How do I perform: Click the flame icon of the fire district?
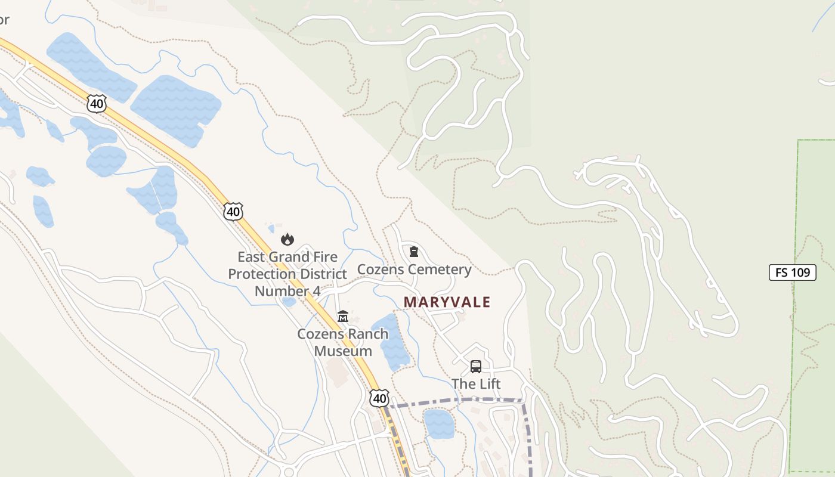287,240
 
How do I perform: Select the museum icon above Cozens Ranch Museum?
343,316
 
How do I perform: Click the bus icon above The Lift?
475,366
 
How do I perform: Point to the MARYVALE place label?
447,302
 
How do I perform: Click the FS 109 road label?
792,272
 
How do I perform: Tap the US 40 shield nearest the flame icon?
234,211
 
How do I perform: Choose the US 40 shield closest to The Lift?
379,398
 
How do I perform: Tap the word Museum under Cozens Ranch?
343,351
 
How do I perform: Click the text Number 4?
287,291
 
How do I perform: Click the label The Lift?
476,383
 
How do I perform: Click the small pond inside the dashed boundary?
439,423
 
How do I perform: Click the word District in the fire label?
323,274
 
